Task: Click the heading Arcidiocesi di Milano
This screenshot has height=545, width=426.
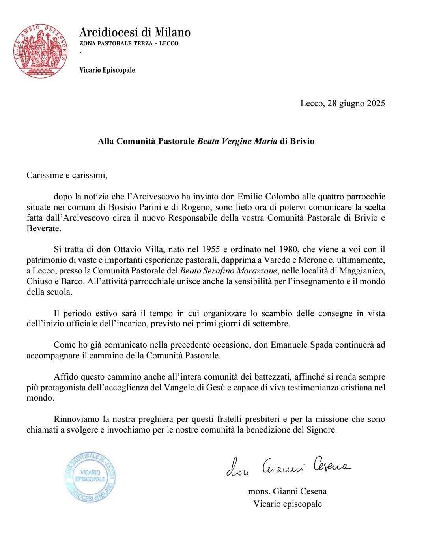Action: tap(135, 32)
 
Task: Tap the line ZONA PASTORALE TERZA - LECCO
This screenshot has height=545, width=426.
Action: tap(129, 43)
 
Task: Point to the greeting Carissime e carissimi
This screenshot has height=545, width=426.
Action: tap(67, 175)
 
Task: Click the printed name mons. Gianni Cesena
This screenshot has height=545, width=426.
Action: tap(287, 491)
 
